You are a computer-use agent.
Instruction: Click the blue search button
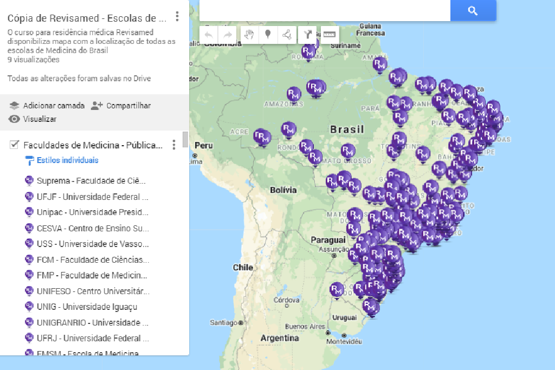[473, 10]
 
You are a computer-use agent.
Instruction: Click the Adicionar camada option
[53, 106]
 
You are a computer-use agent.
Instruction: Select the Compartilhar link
[128, 106]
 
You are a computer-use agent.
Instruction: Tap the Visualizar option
[39, 119]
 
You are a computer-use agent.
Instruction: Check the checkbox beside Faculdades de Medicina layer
[15, 145]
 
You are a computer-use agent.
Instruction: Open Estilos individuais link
[67, 160]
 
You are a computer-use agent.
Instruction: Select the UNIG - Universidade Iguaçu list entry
[87, 307]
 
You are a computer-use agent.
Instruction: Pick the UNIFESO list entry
[92, 291]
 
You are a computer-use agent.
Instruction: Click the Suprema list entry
[91, 180]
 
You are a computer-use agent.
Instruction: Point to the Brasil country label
[347, 129]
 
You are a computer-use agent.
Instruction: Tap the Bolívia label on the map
[283, 190]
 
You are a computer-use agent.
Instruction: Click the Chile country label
[243, 267]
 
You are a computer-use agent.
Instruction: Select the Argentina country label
[280, 338]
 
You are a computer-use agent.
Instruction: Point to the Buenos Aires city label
[305, 327]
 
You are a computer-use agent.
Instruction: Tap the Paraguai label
[328, 239]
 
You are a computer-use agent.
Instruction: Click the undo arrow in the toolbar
[209, 35]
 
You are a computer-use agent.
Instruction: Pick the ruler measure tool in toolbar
[330, 35]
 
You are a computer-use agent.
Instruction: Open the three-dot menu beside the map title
[177, 17]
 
